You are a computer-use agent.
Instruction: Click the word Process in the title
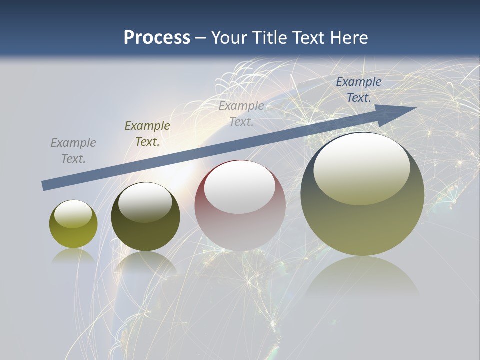tap(157, 38)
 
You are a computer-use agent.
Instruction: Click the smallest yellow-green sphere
tap(73, 224)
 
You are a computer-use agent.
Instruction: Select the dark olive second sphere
tap(145, 217)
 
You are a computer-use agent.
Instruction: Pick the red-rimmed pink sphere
tap(240, 206)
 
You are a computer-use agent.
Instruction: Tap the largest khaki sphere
tap(362, 194)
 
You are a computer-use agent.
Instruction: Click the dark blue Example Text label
tap(359, 90)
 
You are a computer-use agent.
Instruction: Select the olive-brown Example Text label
tap(147, 134)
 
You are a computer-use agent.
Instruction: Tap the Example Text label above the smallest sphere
tap(73, 151)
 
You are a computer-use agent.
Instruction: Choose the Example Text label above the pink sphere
tap(241, 114)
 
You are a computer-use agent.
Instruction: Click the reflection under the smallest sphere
tap(73, 256)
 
